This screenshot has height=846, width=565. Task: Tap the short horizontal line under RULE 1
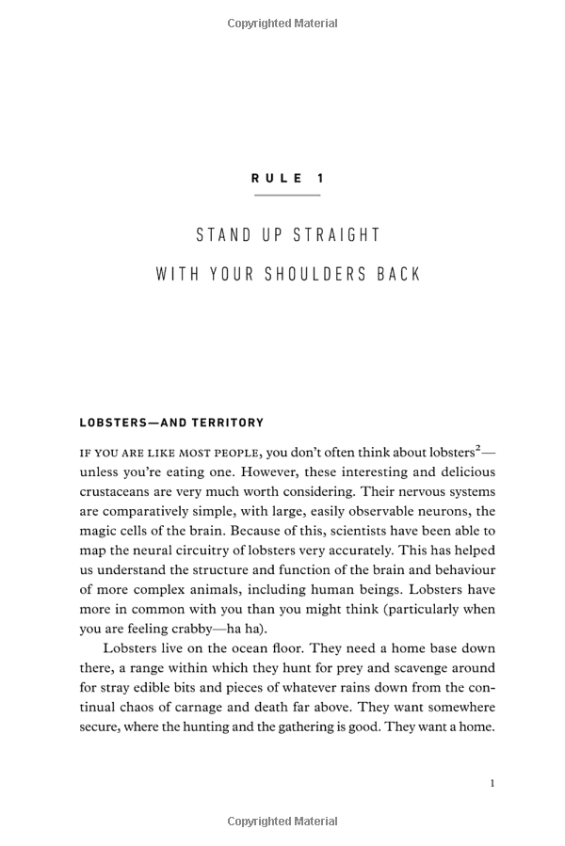287,195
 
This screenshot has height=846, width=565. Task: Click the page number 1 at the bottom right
492,783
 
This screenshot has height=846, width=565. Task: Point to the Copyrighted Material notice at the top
282,24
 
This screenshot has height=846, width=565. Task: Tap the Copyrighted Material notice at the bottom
282,822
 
